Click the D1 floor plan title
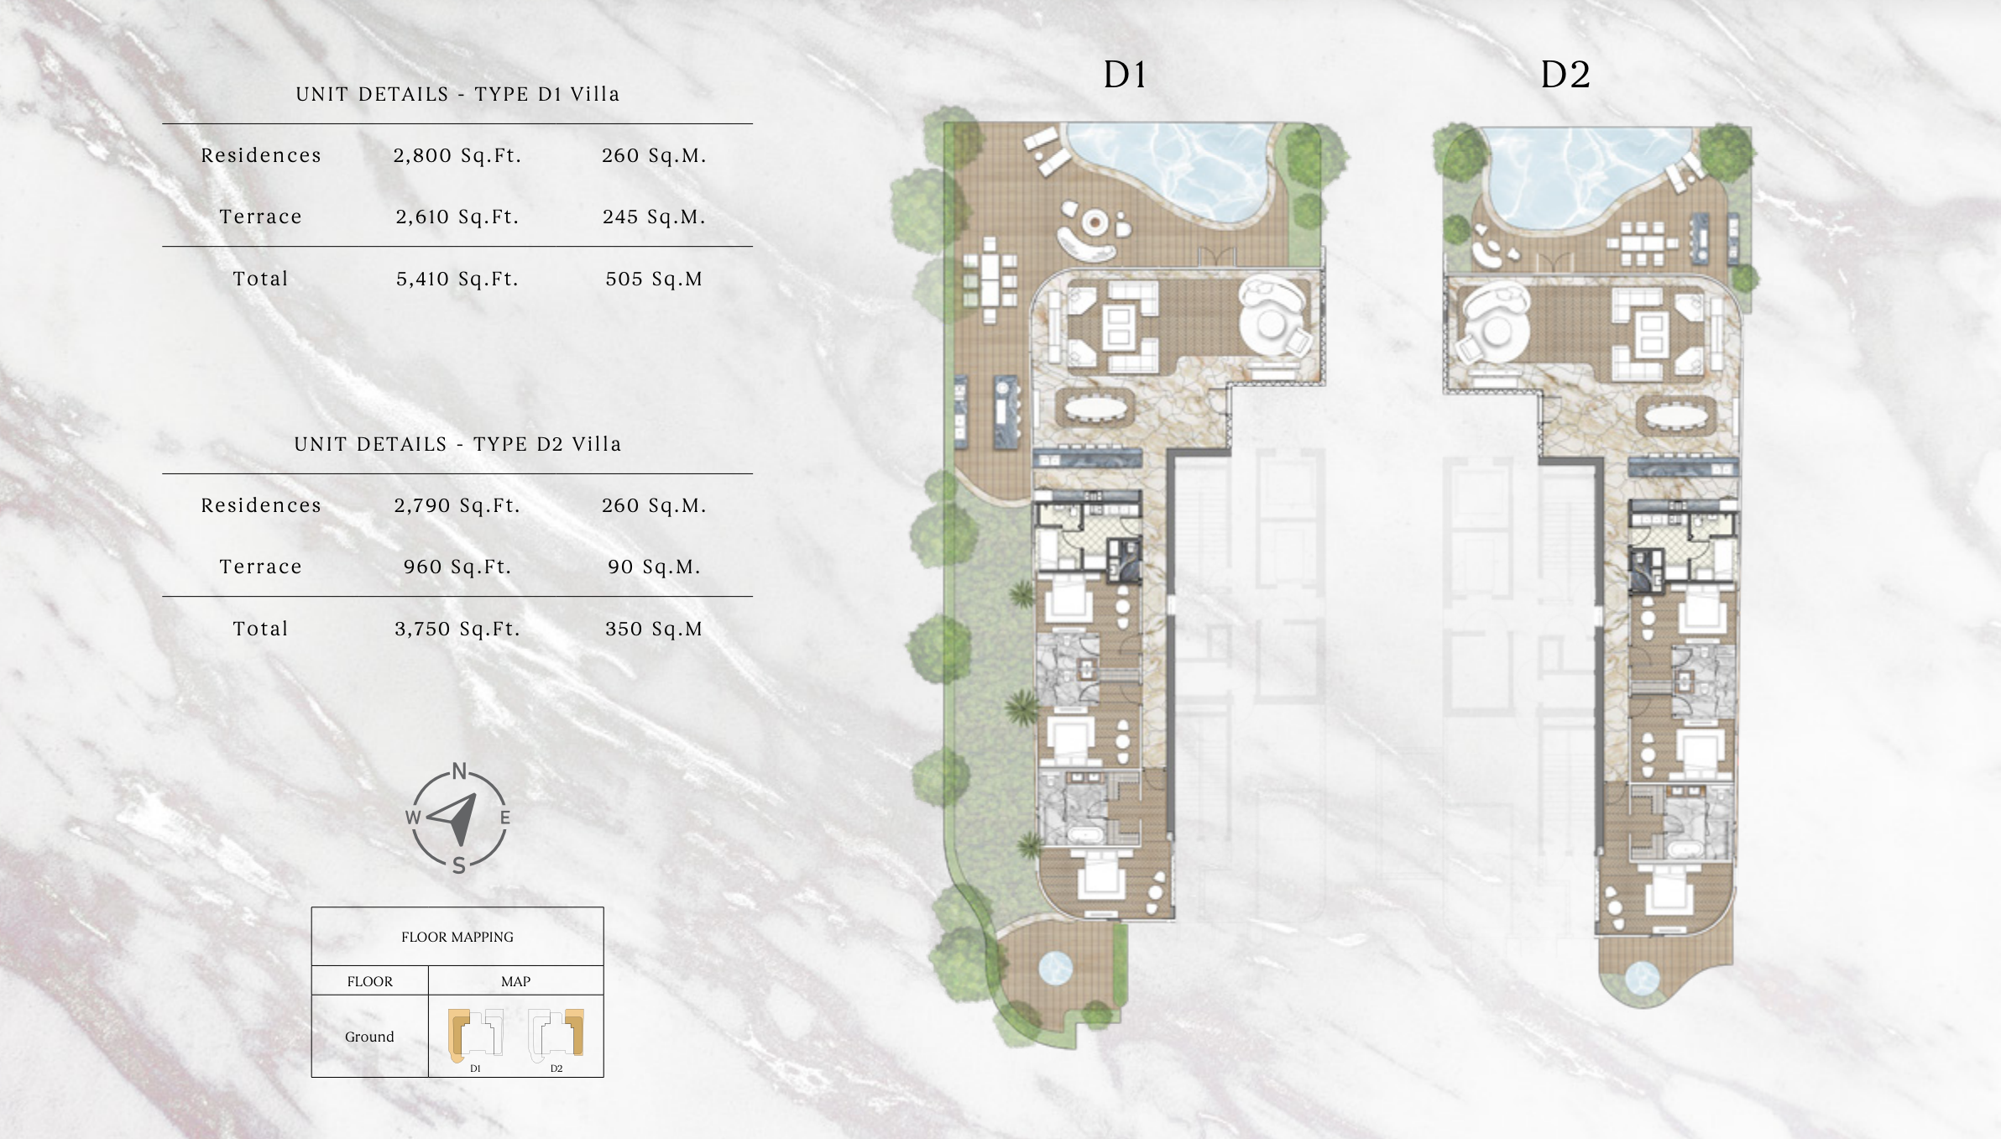click(x=1125, y=75)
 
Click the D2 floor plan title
click(x=1565, y=75)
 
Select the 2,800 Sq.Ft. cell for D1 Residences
click(x=457, y=155)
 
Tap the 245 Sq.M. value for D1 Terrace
click(x=654, y=217)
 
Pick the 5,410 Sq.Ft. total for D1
click(x=457, y=279)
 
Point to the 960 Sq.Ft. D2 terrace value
click(x=457, y=567)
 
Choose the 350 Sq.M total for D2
click(x=654, y=629)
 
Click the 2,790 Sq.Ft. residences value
click(x=457, y=505)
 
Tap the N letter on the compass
click(x=459, y=771)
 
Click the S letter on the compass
click(x=459, y=865)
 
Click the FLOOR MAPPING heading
click(x=457, y=937)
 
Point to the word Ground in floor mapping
click(x=369, y=1037)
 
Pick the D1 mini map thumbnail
click(x=475, y=1034)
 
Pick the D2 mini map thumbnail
click(x=556, y=1034)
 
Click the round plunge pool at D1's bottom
click(x=1056, y=968)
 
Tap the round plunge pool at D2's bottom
click(x=1642, y=978)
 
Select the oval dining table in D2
click(x=1676, y=415)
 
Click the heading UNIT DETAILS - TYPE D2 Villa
click(x=457, y=444)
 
